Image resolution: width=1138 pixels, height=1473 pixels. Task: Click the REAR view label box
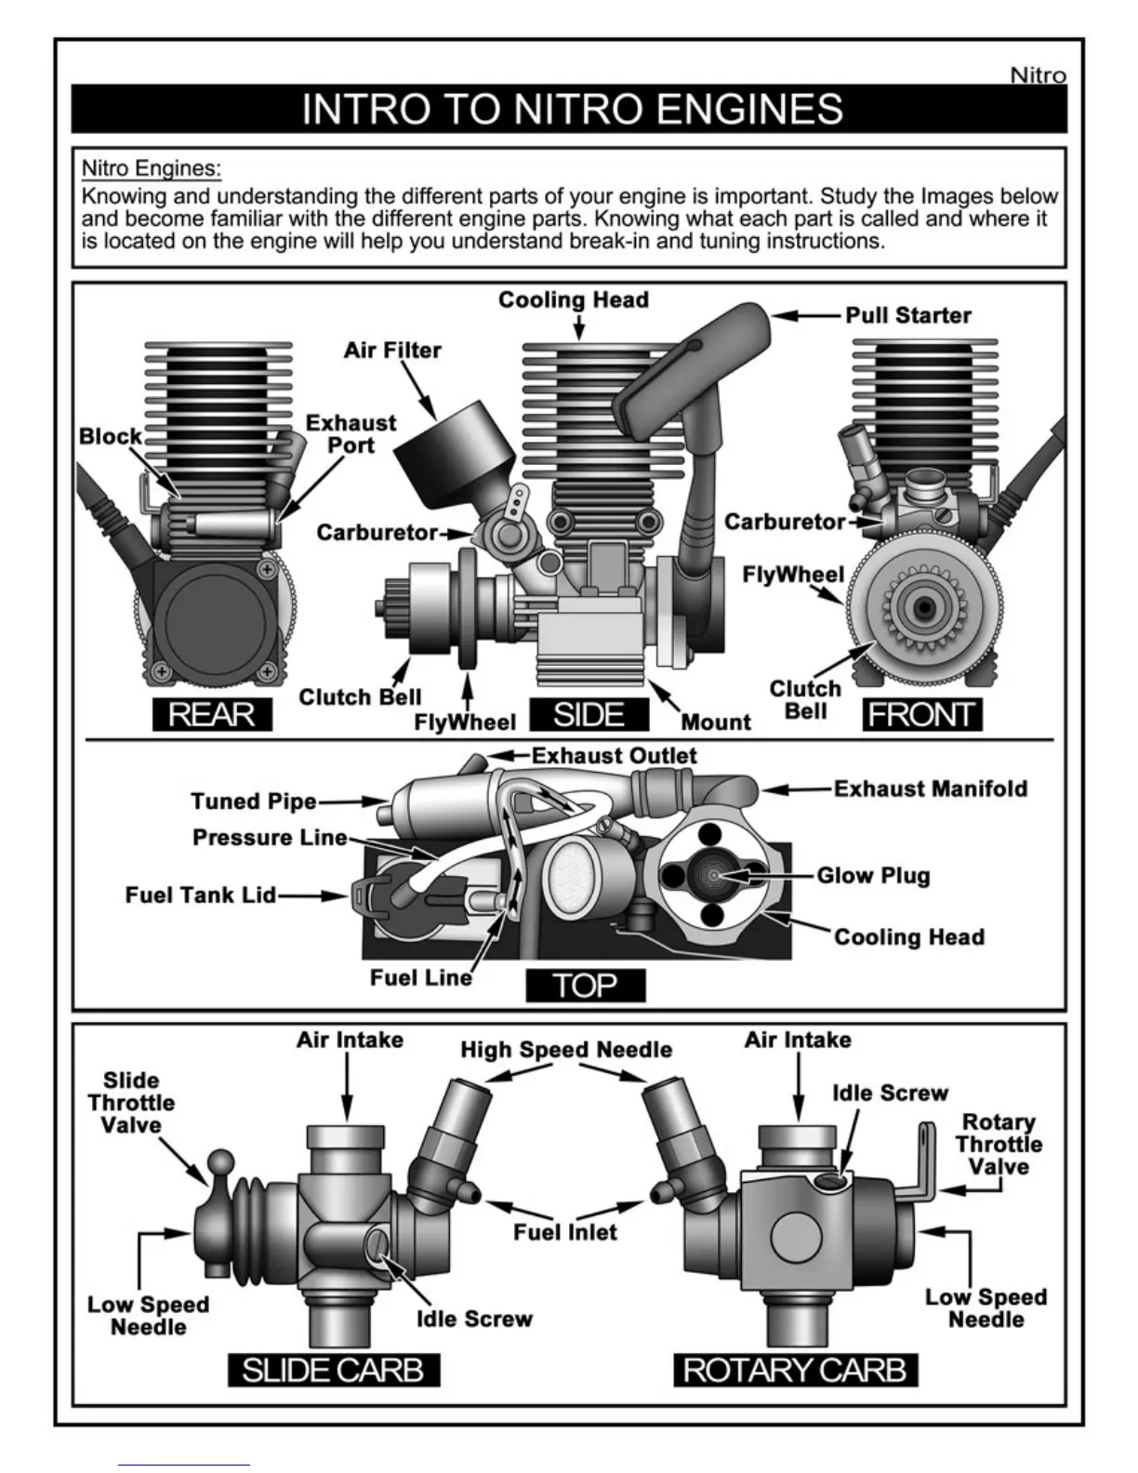(x=212, y=714)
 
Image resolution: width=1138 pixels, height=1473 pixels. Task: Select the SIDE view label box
(x=589, y=714)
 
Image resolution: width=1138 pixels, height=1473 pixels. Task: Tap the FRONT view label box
(x=921, y=714)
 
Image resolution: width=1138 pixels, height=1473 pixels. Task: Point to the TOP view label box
(x=585, y=985)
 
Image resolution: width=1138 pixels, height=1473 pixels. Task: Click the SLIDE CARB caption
(x=333, y=1370)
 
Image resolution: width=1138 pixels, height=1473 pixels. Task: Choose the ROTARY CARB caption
(x=795, y=1370)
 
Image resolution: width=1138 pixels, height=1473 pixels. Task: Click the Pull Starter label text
(x=907, y=315)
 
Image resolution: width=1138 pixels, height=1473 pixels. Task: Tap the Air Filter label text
(x=392, y=351)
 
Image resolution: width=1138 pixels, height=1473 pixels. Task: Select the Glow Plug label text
(x=873, y=876)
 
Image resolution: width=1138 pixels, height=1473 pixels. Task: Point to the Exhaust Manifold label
(x=930, y=789)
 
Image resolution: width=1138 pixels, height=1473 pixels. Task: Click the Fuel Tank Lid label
(x=201, y=896)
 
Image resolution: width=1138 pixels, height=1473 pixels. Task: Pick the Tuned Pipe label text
(x=253, y=802)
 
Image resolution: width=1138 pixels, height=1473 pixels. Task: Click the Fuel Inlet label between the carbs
(x=565, y=1232)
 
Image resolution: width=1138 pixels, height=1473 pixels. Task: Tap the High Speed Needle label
(x=566, y=1050)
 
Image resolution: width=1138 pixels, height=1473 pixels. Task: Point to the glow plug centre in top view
(x=713, y=875)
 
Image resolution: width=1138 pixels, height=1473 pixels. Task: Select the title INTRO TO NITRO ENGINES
(x=572, y=109)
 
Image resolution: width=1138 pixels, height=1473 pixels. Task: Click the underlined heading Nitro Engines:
(x=152, y=168)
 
